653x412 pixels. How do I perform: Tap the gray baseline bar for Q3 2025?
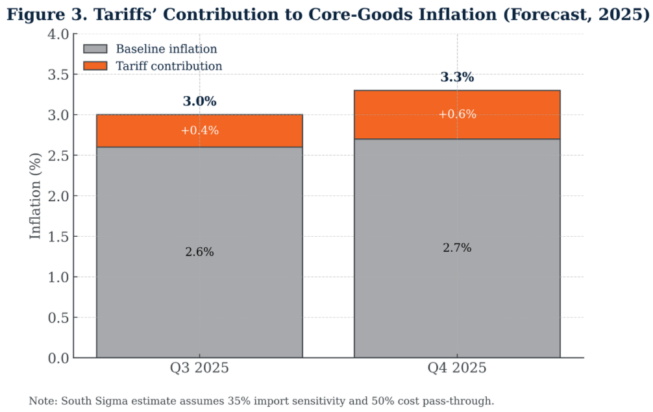(x=199, y=292)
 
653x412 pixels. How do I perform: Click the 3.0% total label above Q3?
(x=199, y=102)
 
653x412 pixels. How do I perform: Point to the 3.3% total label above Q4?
(x=457, y=78)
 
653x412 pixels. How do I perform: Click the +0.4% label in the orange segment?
(x=199, y=130)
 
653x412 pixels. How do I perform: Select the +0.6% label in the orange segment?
(x=457, y=114)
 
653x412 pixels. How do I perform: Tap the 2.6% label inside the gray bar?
(x=199, y=252)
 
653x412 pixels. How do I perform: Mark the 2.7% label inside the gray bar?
(x=457, y=248)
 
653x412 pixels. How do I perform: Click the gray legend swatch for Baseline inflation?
(x=95, y=49)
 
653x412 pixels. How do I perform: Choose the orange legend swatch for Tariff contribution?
(x=95, y=66)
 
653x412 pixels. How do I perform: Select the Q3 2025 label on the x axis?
(x=199, y=369)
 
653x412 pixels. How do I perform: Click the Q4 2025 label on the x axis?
(x=457, y=369)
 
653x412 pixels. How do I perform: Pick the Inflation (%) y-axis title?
(x=36, y=196)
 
